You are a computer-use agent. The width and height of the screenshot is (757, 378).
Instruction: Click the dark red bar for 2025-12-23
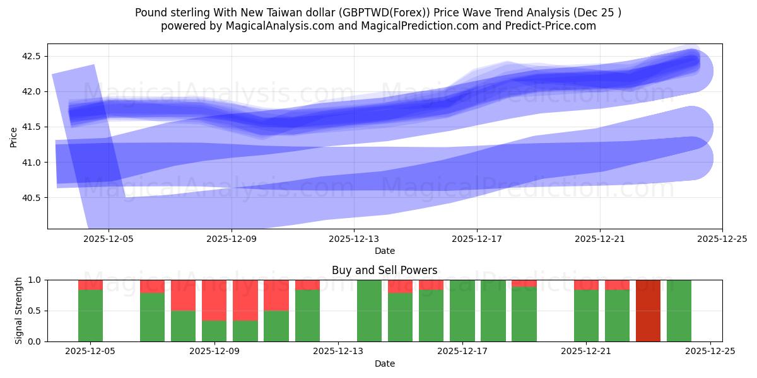click(x=648, y=311)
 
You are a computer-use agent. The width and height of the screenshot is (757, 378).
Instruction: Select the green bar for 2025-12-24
click(x=679, y=311)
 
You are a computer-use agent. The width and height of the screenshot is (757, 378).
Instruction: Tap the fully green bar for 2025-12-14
click(x=369, y=311)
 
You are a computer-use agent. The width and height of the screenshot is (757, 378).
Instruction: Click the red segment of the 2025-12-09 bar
click(x=214, y=300)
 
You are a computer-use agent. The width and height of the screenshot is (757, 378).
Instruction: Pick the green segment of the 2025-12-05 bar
click(x=91, y=316)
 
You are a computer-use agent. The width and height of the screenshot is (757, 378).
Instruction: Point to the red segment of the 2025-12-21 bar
click(x=586, y=285)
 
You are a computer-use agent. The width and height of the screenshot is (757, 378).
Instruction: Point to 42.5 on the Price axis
click(x=32, y=56)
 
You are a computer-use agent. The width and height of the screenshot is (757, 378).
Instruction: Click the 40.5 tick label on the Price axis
click(x=32, y=198)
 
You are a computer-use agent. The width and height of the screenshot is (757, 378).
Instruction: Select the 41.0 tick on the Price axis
click(x=32, y=163)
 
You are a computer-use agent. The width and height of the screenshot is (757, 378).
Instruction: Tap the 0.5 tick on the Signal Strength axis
click(x=34, y=311)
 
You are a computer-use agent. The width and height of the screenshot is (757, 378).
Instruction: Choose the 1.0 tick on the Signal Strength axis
click(x=34, y=280)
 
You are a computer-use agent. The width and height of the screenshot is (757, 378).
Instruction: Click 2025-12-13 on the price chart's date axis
click(x=354, y=239)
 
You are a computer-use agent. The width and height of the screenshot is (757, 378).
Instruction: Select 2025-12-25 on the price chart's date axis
click(x=722, y=239)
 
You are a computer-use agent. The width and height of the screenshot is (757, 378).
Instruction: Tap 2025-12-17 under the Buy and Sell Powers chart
click(x=462, y=352)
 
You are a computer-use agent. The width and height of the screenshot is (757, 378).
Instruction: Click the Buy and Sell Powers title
click(x=384, y=270)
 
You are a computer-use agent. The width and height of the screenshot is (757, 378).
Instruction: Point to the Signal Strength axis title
click(x=19, y=311)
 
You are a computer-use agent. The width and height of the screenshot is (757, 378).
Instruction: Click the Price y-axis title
click(x=14, y=136)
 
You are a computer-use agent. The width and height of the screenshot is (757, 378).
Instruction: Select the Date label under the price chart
click(x=384, y=251)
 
